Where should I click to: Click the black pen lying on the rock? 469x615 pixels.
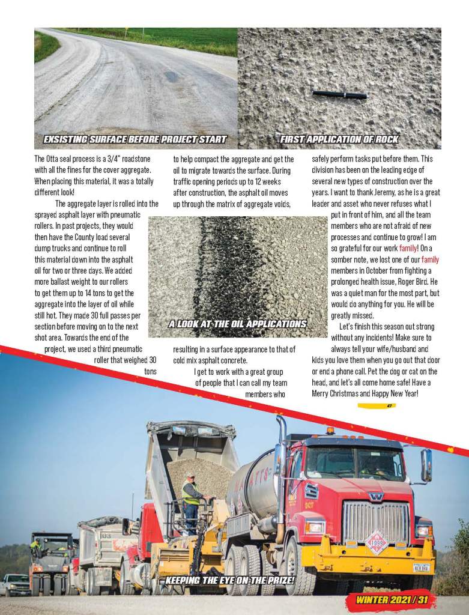(x=339, y=94)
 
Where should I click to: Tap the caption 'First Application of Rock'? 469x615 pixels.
(x=339, y=139)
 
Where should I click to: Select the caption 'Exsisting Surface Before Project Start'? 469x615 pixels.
(x=135, y=139)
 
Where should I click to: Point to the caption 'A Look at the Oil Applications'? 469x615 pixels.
(x=237, y=324)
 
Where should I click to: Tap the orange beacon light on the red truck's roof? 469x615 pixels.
(x=330, y=430)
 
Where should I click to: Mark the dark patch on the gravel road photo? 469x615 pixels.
(x=171, y=76)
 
